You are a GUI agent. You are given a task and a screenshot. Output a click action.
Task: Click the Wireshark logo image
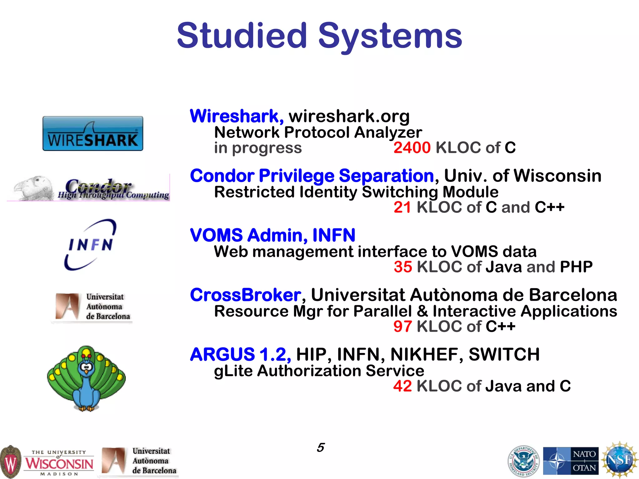[x=93, y=134]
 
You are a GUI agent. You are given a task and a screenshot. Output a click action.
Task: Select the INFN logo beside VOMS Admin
[x=90, y=245]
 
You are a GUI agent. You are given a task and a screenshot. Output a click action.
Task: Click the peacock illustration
[x=86, y=378]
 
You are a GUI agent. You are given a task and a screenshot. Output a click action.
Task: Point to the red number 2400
[x=412, y=148]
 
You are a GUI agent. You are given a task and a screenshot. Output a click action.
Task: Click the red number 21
[x=402, y=207]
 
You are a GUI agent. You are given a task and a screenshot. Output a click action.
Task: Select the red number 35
[x=403, y=267]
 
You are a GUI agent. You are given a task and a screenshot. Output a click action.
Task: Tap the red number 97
[x=402, y=327]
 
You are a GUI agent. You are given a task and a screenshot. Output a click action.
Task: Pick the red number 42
[x=402, y=386]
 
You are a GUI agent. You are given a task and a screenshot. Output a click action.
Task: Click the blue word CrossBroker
[x=246, y=295]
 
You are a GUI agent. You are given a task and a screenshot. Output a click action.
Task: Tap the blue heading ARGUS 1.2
[x=240, y=355]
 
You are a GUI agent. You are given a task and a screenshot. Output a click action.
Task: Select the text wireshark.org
[x=349, y=116]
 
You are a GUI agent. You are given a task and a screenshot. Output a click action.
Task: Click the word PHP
[x=576, y=267]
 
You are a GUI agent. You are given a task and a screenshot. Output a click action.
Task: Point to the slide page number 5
[x=320, y=448]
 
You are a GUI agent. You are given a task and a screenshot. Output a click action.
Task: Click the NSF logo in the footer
[x=620, y=460]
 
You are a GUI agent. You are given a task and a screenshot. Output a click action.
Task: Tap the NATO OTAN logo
[x=571, y=461]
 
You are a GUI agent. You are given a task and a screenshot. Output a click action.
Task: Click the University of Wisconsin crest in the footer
[x=11, y=462]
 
